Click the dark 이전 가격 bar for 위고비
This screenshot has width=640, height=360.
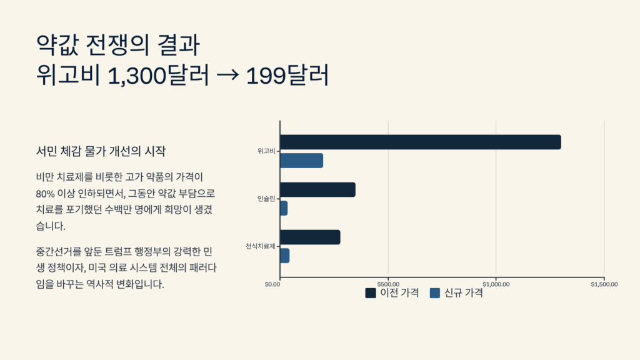tap(420, 142)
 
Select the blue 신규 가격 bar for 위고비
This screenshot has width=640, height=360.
tap(301, 161)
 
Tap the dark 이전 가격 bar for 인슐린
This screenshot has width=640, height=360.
tap(317, 189)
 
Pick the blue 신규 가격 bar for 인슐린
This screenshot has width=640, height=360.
tap(284, 208)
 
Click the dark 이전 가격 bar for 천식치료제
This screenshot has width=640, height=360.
tap(310, 237)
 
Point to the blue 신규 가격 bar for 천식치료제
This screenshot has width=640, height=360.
tap(284, 256)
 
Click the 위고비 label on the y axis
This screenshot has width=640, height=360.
tap(266, 151)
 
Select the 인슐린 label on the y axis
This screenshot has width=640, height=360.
tap(266, 199)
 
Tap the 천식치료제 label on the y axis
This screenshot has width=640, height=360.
tap(260, 246)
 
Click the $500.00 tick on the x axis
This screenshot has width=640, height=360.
tap(389, 284)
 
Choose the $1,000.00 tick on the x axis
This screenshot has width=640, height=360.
tap(496, 284)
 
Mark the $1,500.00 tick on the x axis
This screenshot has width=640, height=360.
tap(604, 284)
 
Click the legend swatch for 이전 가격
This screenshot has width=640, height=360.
tap(371, 293)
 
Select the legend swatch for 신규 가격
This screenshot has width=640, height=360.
tap(435, 293)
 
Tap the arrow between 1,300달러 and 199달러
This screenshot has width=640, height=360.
tap(227, 76)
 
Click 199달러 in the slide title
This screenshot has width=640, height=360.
tap(287, 76)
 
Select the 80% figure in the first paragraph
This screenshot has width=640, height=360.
tap(47, 193)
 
